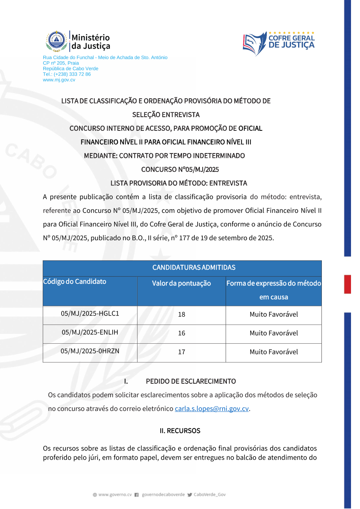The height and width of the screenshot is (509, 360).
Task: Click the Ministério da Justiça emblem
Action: tap(57, 41)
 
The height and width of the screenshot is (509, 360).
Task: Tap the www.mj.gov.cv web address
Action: tap(59, 80)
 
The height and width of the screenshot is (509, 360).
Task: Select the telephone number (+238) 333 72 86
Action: tap(72, 74)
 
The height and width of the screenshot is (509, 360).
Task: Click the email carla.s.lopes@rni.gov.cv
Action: tap(212, 408)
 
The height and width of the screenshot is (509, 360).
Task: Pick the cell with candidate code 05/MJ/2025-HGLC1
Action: tap(90, 314)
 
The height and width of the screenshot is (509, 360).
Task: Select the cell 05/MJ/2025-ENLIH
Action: tap(90, 332)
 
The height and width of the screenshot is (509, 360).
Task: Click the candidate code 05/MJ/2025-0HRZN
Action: tap(90, 351)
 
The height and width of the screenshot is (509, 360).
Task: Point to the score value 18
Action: tap(181, 314)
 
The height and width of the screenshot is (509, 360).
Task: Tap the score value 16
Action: tap(181, 333)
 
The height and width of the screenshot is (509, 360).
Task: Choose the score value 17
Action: tap(181, 352)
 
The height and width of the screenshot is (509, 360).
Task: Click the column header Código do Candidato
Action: tap(75, 282)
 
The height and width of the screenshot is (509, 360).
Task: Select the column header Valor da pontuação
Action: tap(181, 283)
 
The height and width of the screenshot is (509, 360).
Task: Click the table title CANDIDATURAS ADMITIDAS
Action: tap(194, 268)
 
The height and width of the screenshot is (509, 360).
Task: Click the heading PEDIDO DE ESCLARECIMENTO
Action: tap(191, 381)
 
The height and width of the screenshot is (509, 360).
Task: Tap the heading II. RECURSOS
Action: tap(180, 431)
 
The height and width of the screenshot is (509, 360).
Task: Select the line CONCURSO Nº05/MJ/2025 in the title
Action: tap(180, 170)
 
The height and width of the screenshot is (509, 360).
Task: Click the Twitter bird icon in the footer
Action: tap(190, 495)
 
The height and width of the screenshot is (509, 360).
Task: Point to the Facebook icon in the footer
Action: tap(137, 495)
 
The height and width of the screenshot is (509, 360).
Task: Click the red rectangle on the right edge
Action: tap(347, 284)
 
